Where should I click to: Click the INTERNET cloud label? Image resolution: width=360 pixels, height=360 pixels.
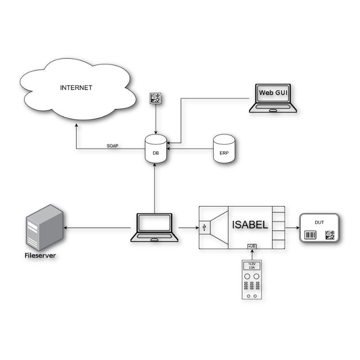(x=76, y=88)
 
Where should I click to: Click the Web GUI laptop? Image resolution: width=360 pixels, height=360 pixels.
(x=273, y=98)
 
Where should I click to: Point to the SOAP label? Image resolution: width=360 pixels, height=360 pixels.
(x=112, y=146)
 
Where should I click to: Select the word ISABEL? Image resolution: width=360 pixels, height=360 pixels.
(x=250, y=225)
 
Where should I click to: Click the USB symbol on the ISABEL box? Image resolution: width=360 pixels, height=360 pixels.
(x=205, y=228)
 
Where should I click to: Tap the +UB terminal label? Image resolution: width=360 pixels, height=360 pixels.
(x=252, y=247)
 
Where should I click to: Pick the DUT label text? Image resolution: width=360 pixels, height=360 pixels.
(x=319, y=222)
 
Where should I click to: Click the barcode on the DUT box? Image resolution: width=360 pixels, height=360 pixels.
(x=310, y=235)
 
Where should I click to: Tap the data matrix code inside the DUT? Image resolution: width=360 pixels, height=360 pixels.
(x=330, y=234)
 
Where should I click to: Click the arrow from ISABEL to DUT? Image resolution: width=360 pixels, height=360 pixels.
(x=292, y=228)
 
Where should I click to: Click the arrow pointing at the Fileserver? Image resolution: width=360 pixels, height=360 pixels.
(x=99, y=228)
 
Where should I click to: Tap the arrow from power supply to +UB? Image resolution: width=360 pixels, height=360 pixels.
(x=252, y=255)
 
